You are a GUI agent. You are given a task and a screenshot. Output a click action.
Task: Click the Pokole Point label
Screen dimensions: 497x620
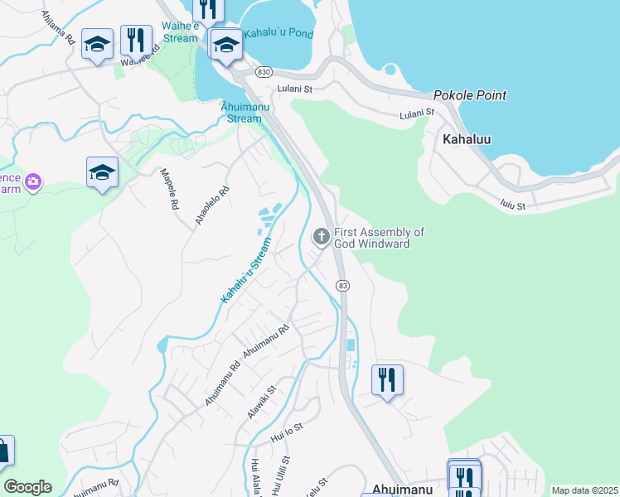pyautogui.click(x=469, y=95)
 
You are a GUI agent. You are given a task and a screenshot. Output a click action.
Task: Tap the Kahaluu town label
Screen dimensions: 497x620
pyautogui.click(x=467, y=139)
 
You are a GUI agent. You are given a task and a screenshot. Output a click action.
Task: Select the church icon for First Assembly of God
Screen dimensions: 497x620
pyautogui.click(x=322, y=238)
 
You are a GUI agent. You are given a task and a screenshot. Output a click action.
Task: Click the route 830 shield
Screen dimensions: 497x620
pyautogui.click(x=264, y=72)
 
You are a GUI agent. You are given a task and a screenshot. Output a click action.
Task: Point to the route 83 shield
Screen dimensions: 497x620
pyautogui.click(x=342, y=285)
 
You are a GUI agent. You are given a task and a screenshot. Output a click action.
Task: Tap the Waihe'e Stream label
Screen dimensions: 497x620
pyautogui.click(x=180, y=32)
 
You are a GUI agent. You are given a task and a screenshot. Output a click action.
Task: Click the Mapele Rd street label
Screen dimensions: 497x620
pyautogui.click(x=169, y=190)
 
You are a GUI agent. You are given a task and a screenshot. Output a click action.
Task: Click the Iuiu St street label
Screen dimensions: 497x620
pyautogui.click(x=513, y=204)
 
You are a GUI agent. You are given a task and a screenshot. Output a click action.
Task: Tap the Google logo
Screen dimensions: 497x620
pyautogui.click(x=27, y=487)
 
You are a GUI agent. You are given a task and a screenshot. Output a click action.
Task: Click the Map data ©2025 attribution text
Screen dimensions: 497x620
pyautogui.click(x=584, y=490)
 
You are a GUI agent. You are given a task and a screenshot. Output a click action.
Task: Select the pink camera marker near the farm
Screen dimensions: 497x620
pyautogui.click(x=33, y=181)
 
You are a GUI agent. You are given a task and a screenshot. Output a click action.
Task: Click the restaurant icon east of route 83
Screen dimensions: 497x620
pyautogui.click(x=387, y=380)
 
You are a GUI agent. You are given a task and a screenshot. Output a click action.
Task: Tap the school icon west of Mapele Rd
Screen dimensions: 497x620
pyautogui.click(x=102, y=172)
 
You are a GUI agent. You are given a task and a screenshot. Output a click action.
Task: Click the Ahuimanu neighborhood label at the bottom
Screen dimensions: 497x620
pyautogui.click(x=404, y=490)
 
